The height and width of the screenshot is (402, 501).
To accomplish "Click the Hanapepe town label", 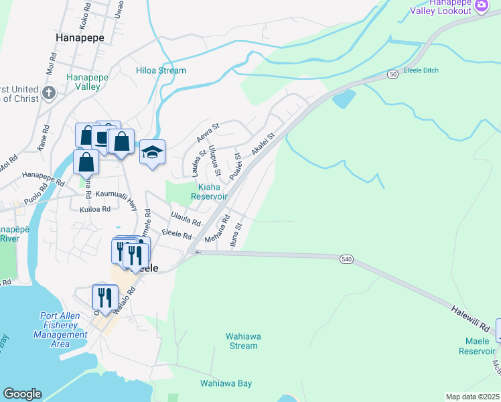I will point(80,38).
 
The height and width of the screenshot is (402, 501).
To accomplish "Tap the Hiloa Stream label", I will point(161,70).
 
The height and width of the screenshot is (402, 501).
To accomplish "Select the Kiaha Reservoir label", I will point(209,192).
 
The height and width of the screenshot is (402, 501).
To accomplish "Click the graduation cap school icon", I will point(152,152).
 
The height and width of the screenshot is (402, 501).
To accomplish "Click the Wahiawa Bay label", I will point(226,383).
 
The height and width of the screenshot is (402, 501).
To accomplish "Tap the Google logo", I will point(21,394).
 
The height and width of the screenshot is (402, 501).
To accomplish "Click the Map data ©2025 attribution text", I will point(472,397).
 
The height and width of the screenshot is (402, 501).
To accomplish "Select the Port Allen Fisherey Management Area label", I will point(64,330).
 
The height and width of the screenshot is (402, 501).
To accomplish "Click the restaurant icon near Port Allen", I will point(104,296).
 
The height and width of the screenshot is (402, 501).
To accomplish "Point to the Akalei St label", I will point(263,145).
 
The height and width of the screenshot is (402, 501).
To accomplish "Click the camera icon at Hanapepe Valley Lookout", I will point(481,6).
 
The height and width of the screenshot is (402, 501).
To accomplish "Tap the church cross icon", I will point(48,92).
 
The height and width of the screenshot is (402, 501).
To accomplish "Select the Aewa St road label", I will point(208,131).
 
